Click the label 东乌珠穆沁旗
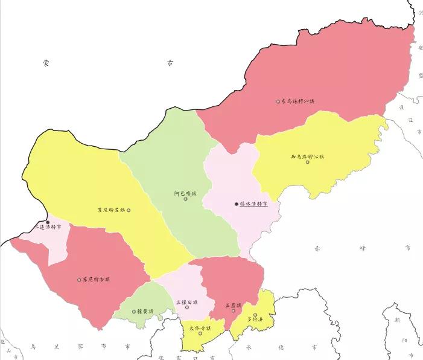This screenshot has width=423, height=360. (x=299, y=101)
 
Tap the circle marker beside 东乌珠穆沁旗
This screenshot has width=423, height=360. (x=278, y=101)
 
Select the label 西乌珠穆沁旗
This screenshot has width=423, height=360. (x=307, y=156)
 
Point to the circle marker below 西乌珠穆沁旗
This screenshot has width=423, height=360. (x=307, y=162)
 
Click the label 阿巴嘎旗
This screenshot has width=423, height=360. (x=185, y=193)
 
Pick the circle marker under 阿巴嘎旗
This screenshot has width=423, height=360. (x=186, y=199)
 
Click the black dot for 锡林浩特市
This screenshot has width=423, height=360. (x=237, y=204)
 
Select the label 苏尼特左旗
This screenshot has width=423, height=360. (x=110, y=210)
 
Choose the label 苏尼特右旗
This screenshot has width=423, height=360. (x=97, y=280)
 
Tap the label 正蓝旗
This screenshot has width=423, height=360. (x=233, y=305)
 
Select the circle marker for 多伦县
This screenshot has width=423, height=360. (x=255, y=315)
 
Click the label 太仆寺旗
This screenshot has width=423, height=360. (x=200, y=328)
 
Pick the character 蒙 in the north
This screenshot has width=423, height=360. (x=46, y=62)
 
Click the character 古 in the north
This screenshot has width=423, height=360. (x=170, y=62)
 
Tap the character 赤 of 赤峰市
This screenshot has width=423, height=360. (x=318, y=248)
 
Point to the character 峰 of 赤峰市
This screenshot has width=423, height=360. (x=363, y=248)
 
